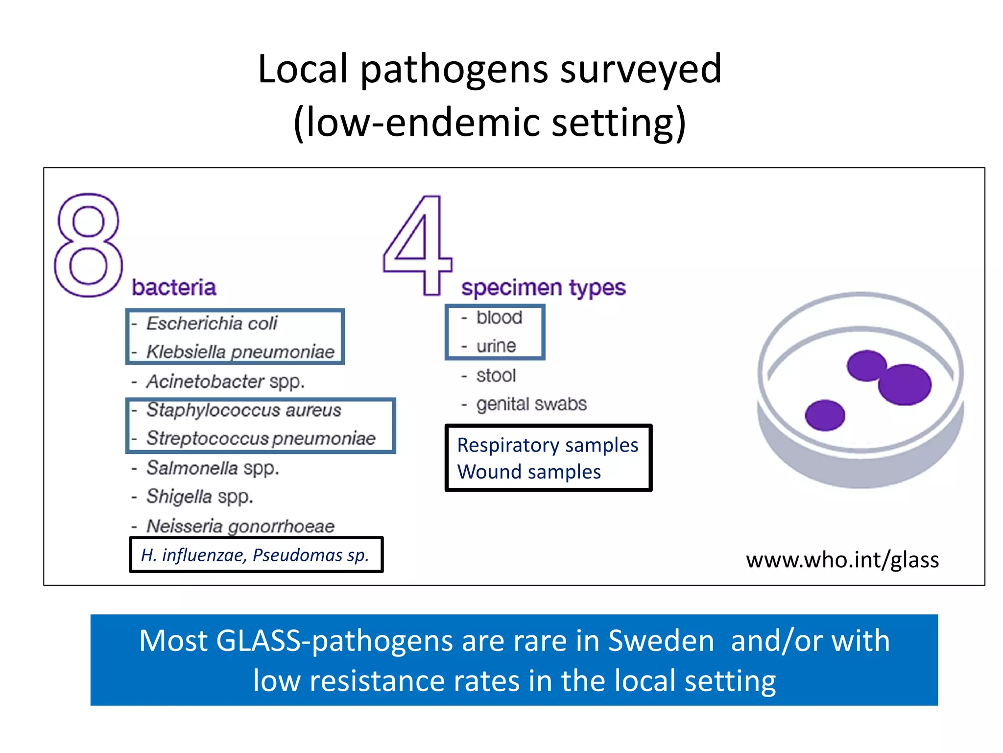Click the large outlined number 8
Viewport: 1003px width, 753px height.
(88, 245)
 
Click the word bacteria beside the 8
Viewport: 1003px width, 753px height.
(174, 287)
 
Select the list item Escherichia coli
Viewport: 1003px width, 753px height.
(212, 324)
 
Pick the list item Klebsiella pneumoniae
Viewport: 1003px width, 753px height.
(240, 352)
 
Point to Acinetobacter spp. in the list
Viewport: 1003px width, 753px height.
(225, 381)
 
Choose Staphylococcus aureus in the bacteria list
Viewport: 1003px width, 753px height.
(243, 410)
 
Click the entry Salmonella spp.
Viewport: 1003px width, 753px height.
(213, 468)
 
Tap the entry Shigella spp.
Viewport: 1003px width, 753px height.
(200, 497)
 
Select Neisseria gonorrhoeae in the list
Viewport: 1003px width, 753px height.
(240, 526)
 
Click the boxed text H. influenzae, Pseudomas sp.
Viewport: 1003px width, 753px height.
(255, 555)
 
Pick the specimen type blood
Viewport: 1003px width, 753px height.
(499, 318)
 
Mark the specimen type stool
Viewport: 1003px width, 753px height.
(496, 376)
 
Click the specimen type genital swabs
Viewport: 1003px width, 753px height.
(531, 404)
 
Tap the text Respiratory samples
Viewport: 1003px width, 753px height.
(548, 445)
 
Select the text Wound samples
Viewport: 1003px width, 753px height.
(529, 472)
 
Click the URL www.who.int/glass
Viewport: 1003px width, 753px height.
(842, 560)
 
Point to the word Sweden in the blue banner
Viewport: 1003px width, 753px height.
(661, 641)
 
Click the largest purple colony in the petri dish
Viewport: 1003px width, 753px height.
(905, 384)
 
